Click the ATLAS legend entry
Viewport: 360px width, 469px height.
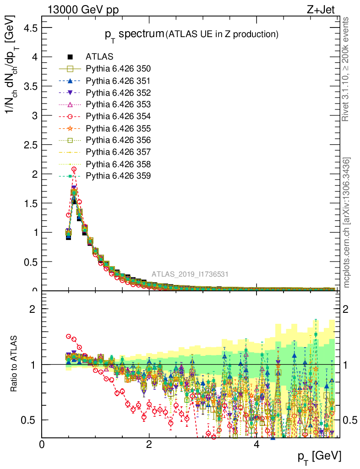click(96, 57)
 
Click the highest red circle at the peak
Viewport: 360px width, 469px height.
click(74, 169)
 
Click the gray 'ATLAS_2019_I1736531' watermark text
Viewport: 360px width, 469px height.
click(190, 274)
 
